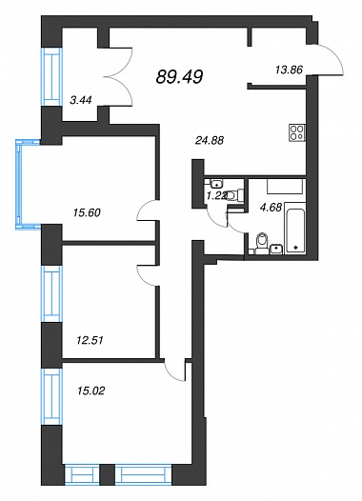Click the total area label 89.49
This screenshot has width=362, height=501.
[x=179, y=77]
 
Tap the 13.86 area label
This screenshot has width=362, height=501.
[x=289, y=70]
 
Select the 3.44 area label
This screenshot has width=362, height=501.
[x=81, y=100]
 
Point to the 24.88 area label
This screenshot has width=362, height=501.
[x=210, y=140]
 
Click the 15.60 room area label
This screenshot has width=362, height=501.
[x=87, y=212]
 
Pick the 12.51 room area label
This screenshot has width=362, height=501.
[x=90, y=340]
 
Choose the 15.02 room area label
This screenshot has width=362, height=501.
[x=91, y=391]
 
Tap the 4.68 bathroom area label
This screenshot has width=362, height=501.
[x=271, y=208]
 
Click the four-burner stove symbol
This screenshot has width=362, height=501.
[x=297, y=132]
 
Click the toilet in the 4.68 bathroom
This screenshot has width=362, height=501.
[x=262, y=244]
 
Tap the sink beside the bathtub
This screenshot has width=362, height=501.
[x=276, y=249]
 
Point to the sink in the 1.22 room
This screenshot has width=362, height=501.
[x=217, y=184]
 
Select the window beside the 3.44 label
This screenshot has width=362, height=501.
[x=50, y=77]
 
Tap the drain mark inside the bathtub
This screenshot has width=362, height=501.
[x=295, y=247]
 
